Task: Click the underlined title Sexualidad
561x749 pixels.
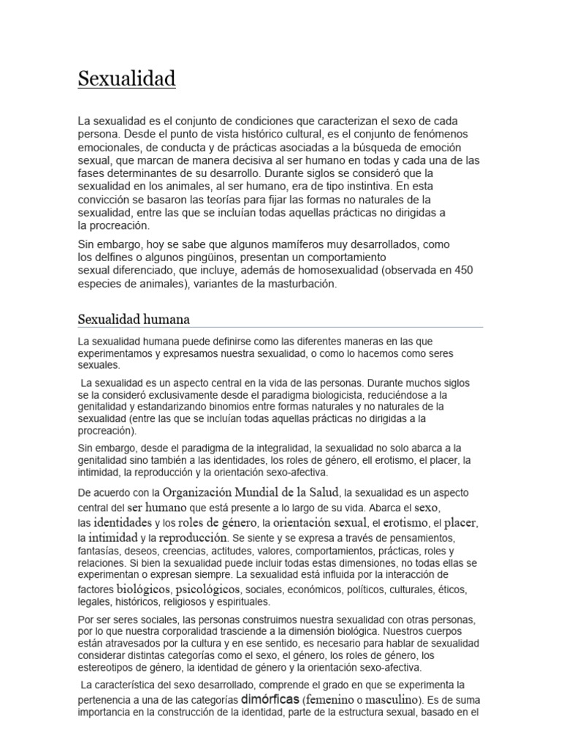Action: [x=126, y=78]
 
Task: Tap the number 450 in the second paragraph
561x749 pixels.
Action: [x=463, y=270]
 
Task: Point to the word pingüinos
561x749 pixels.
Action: [x=202, y=257]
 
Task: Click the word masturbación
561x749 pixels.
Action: [x=302, y=284]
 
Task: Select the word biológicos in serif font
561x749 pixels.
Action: [x=144, y=588]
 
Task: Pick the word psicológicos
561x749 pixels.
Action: [x=207, y=588]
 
